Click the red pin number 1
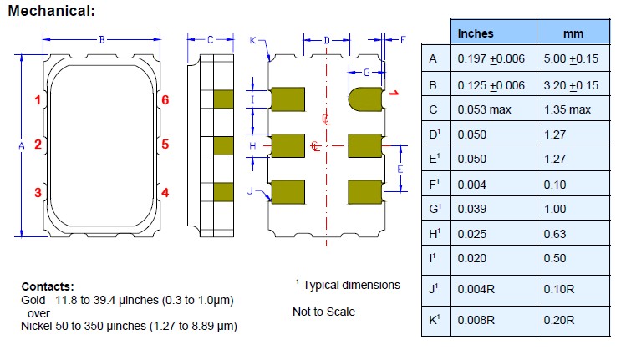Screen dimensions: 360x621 pyautogui.click(x=38, y=100)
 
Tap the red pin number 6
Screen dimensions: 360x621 pyautogui.click(x=165, y=100)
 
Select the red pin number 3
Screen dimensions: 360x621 pyautogui.click(x=38, y=193)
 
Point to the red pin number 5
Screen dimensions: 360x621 pyautogui.click(x=165, y=145)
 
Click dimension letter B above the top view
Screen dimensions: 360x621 pyautogui.click(x=102, y=39)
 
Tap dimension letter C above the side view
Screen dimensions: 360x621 pyautogui.click(x=210, y=39)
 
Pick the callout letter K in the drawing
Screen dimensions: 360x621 pyautogui.click(x=253, y=39)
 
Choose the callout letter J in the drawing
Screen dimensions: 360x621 pyautogui.click(x=251, y=192)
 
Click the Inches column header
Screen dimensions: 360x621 pyautogui.click(x=476, y=33)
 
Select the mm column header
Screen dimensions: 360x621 pyautogui.click(x=573, y=33)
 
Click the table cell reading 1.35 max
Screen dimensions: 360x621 pyautogui.click(x=568, y=110)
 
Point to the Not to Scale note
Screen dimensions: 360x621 pyautogui.click(x=323, y=312)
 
